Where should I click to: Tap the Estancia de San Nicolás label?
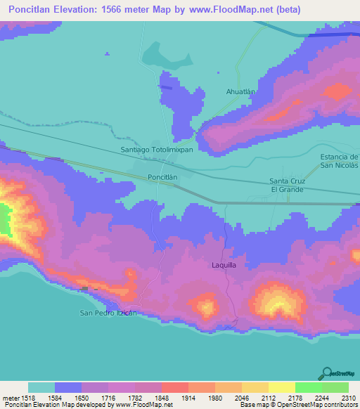tap(339, 160)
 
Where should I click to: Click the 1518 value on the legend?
tap(28, 397)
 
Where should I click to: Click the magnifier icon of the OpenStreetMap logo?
tap(326, 372)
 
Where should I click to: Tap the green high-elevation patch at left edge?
tap(5, 219)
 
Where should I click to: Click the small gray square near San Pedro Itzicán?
tap(85, 289)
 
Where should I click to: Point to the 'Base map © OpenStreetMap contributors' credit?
tap(298, 405)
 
